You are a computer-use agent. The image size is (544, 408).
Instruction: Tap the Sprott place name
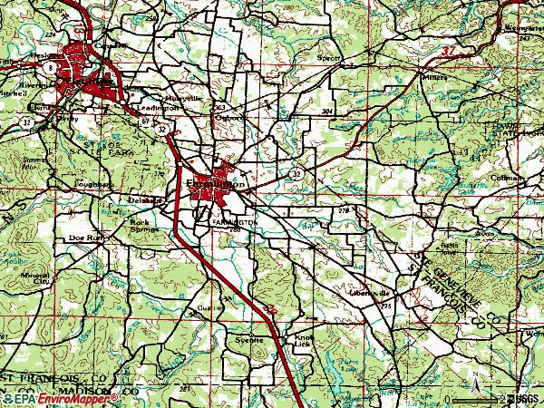pos(329,57)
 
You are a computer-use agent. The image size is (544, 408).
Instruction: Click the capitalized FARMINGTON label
pos(235,221)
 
